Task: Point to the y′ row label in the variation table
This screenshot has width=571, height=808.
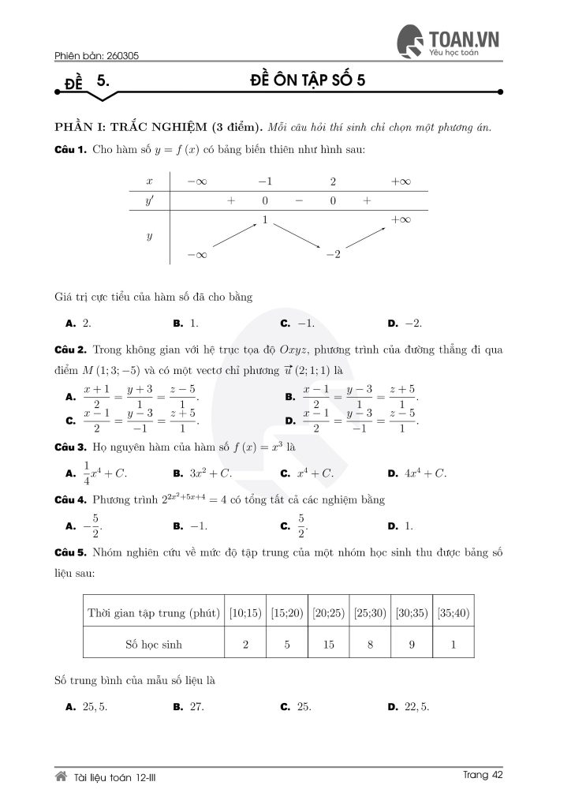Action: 149,200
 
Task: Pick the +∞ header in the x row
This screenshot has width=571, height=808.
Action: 401,181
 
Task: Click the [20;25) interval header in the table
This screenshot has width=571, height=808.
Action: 328,612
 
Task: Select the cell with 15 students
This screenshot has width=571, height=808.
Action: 328,644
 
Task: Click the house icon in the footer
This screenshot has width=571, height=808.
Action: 60,776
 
